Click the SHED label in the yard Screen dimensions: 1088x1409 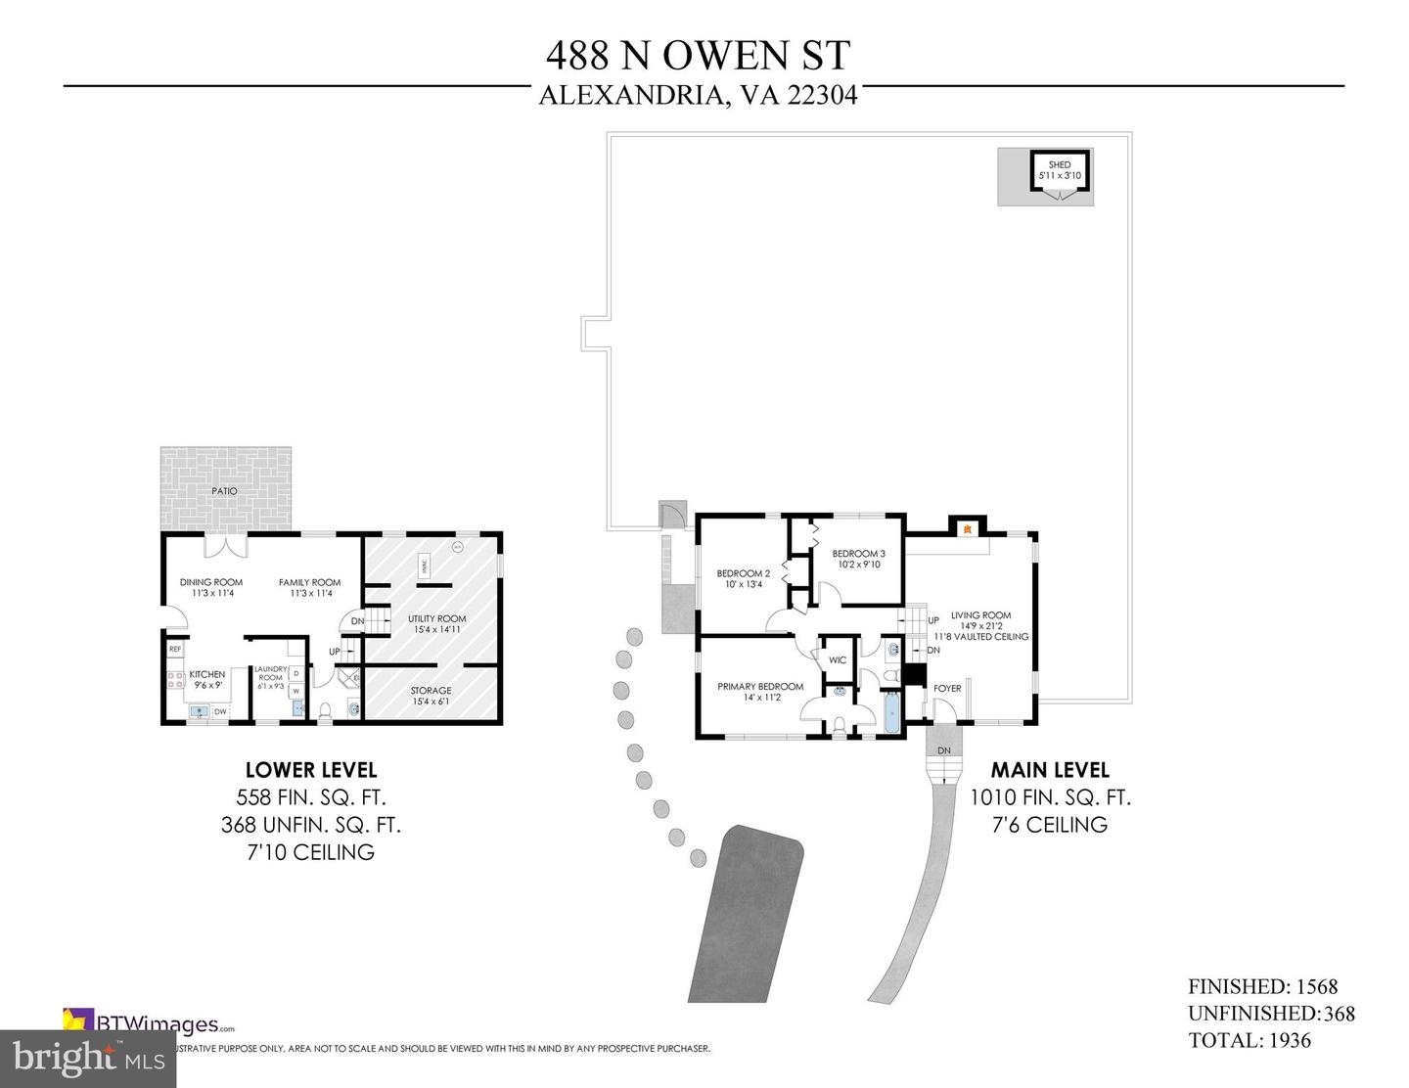[x=1059, y=165]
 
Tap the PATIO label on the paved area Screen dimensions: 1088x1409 [x=224, y=490]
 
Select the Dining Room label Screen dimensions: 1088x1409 [x=211, y=582]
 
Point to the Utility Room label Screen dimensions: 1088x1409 [x=436, y=618]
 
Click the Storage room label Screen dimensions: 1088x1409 [x=431, y=691]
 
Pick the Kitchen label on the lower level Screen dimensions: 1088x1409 [x=206, y=674]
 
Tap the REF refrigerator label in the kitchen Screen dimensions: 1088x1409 [x=175, y=649]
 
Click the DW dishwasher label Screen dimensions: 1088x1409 [x=220, y=711]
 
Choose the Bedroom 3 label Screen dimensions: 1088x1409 [x=858, y=554]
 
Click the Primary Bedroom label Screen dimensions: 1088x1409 [x=760, y=687]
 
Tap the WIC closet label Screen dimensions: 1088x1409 [x=838, y=660]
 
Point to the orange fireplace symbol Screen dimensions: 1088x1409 [x=967, y=529]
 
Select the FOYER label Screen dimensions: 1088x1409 [x=947, y=689]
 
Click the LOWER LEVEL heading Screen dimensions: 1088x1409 [x=310, y=770]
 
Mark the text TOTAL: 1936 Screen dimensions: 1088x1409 [x=1250, y=1041]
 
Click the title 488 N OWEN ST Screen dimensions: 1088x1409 [x=698, y=56]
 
